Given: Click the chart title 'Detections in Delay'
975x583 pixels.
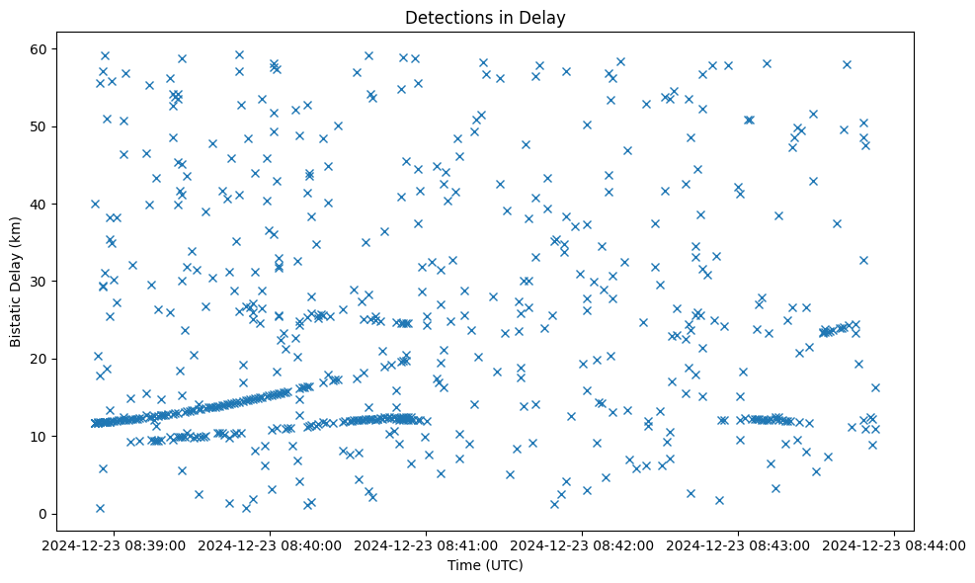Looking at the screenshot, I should (x=485, y=18).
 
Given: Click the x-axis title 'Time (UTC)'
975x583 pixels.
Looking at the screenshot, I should (x=485, y=565).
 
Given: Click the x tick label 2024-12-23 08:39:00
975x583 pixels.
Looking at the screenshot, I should (x=115, y=544).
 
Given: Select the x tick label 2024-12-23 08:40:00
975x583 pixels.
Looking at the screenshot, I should (x=271, y=544).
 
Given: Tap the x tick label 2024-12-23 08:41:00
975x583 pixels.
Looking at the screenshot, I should (x=427, y=544).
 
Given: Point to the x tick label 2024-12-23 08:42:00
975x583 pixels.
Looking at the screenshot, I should (x=583, y=544).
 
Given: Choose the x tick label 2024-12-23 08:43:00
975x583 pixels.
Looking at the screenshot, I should (x=739, y=544).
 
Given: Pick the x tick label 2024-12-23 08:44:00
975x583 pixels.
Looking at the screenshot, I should (x=895, y=544).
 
